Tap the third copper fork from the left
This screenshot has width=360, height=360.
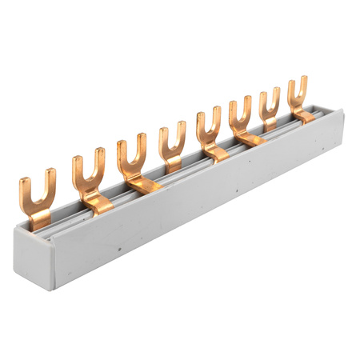pyautogui.click(x=132, y=160)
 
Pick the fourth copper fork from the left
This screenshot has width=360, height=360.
pyautogui.click(x=172, y=144)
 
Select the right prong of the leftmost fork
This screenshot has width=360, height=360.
pyautogui.click(x=50, y=186)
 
